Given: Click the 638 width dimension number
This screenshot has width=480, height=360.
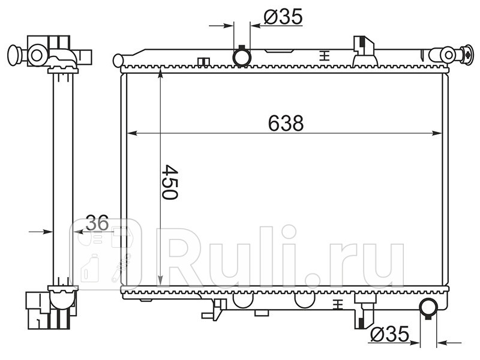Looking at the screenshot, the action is (286, 123).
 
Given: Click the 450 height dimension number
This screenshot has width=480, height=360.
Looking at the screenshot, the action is (170, 182).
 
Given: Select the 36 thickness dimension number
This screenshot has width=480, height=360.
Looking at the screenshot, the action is (97, 223).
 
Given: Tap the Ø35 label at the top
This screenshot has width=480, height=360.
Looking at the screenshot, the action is (283, 16).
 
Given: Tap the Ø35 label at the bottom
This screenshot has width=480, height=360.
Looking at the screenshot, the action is (389, 334).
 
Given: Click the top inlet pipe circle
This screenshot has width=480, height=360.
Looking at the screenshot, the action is (242, 58).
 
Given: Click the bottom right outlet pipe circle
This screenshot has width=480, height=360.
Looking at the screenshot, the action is (428, 307).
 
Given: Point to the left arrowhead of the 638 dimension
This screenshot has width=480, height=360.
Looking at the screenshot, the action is (132, 133).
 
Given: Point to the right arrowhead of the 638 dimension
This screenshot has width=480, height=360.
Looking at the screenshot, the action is (437, 133).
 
